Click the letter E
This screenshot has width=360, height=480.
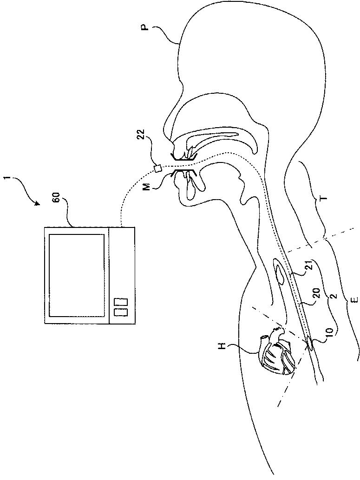(355, 300)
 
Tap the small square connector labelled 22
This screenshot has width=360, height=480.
(158, 168)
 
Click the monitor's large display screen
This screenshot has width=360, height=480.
(76, 275)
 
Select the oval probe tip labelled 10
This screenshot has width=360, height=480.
(310, 344)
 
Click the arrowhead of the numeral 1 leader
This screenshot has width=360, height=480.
(38, 204)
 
